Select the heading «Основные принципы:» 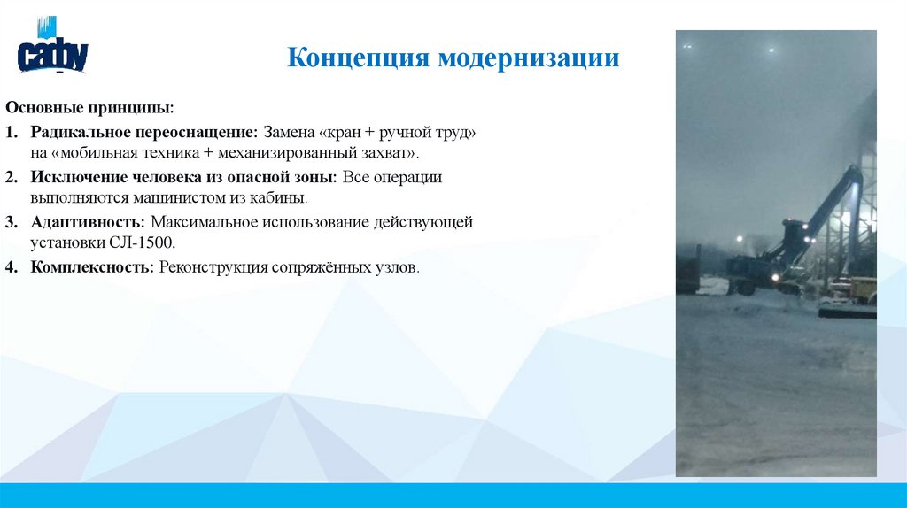point(89,107)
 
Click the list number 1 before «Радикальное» point(10,132)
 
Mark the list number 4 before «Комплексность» point(10,266)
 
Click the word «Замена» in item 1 point(288,132)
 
